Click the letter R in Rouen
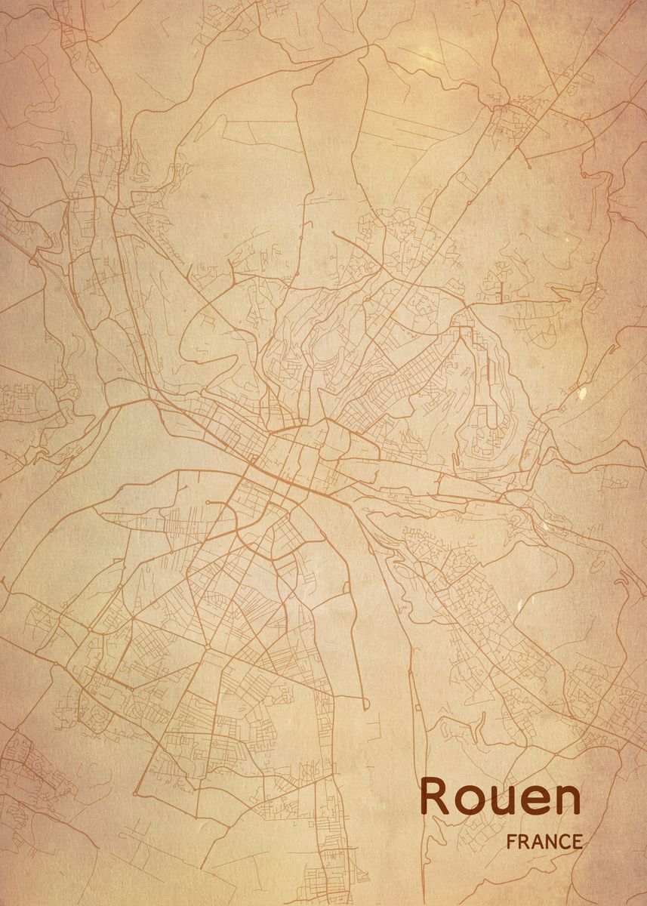tap(436, 797)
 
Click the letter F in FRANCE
tap(512, 841)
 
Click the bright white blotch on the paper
tap(581, 393)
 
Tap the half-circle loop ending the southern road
tap(365, 706)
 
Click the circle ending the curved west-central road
tap(208, 501)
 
